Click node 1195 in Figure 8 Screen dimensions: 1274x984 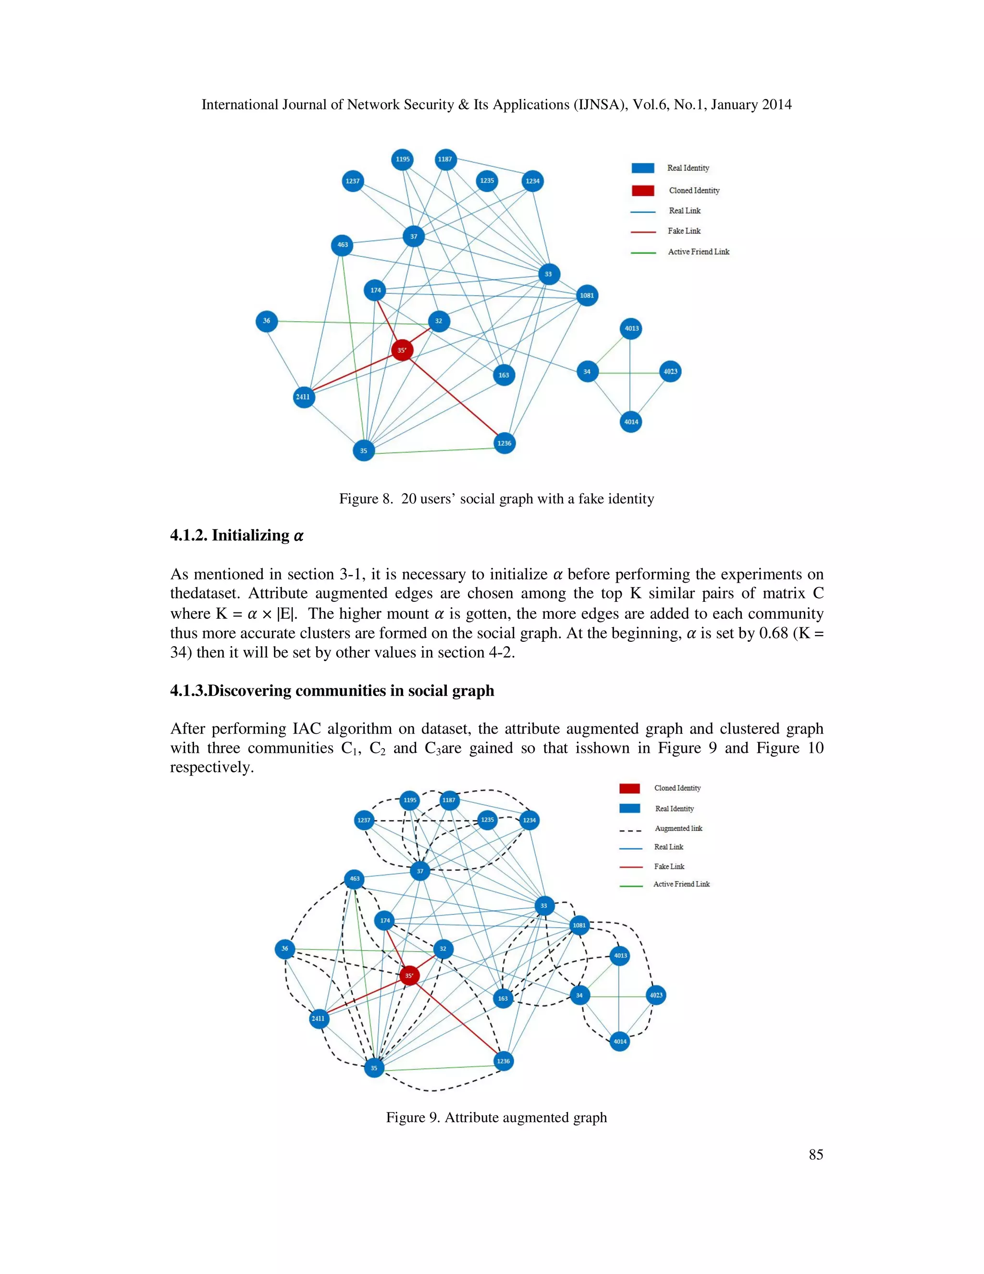coord(402,159)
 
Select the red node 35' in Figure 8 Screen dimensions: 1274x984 coord(402,350)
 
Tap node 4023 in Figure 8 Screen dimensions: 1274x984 coord(670,372)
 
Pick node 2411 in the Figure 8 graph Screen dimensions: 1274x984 coord(303,397)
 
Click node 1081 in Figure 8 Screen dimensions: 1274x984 coord(587,296)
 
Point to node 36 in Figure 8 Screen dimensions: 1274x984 coord(266,321)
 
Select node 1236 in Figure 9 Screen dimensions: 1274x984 coord(504,1061)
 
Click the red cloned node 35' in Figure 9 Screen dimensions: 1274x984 coord(409,975)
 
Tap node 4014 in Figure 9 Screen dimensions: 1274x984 coord(620,1041)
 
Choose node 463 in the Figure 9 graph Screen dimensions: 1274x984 coord(355,878)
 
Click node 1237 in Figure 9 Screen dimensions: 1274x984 coord(364,820)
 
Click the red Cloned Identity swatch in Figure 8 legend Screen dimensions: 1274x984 coord(642,191)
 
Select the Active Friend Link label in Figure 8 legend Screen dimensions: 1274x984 coord(698,252)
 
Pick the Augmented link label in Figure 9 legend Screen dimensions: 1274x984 coord(678,828)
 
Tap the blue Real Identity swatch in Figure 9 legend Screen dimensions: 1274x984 coord(629,809)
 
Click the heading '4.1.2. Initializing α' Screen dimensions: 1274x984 coord(237,536)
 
